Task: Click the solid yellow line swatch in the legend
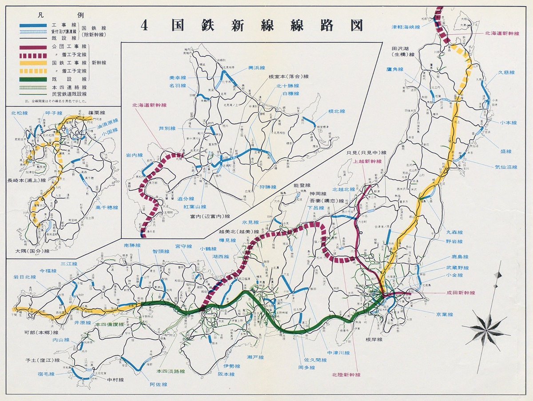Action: (33, 63)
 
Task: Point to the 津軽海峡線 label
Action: (409, 27)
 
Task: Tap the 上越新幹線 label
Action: (367, 161)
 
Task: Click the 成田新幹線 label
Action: (460, 293)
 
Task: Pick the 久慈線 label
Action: (506, 72)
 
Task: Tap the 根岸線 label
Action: (374, 339)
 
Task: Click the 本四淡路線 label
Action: (170, 370)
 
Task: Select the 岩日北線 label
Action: (24, 277)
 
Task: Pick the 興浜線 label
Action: (256, 68)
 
